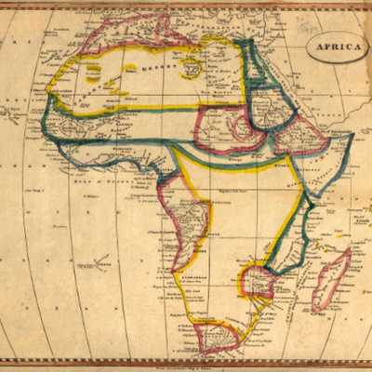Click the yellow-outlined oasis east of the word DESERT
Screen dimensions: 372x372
pos(193,66)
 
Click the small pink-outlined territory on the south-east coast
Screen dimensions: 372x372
pos(256,282)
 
